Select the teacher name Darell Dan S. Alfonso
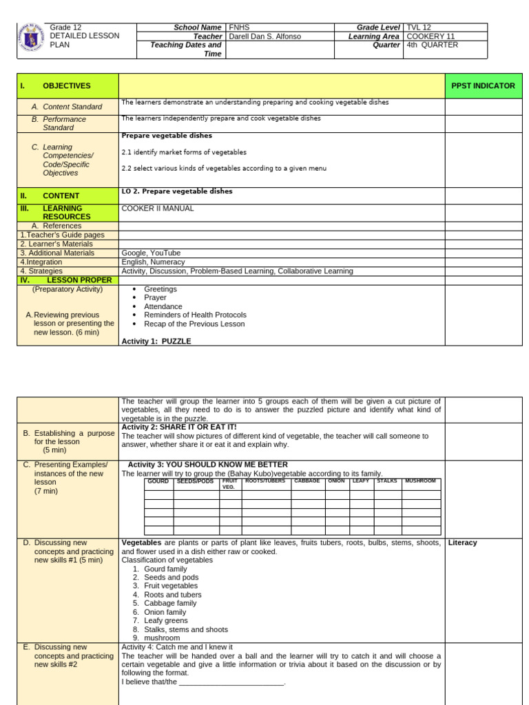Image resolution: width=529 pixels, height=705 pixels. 266,36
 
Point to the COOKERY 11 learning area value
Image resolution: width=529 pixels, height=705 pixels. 431,36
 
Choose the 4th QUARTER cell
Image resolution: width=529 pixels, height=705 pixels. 433,45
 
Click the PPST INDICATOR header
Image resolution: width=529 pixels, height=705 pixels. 483,86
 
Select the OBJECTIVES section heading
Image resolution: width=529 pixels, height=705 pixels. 66,86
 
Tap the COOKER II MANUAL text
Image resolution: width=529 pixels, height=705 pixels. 157,209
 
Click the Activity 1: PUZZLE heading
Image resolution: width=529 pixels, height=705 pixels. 156,341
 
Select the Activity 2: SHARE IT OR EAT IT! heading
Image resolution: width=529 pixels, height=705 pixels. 179,427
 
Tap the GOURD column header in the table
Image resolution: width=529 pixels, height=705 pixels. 158,481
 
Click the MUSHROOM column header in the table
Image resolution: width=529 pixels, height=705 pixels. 421,481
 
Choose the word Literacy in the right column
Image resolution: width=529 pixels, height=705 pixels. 462,543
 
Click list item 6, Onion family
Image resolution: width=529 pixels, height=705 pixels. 165,611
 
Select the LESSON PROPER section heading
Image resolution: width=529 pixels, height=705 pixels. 74,280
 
